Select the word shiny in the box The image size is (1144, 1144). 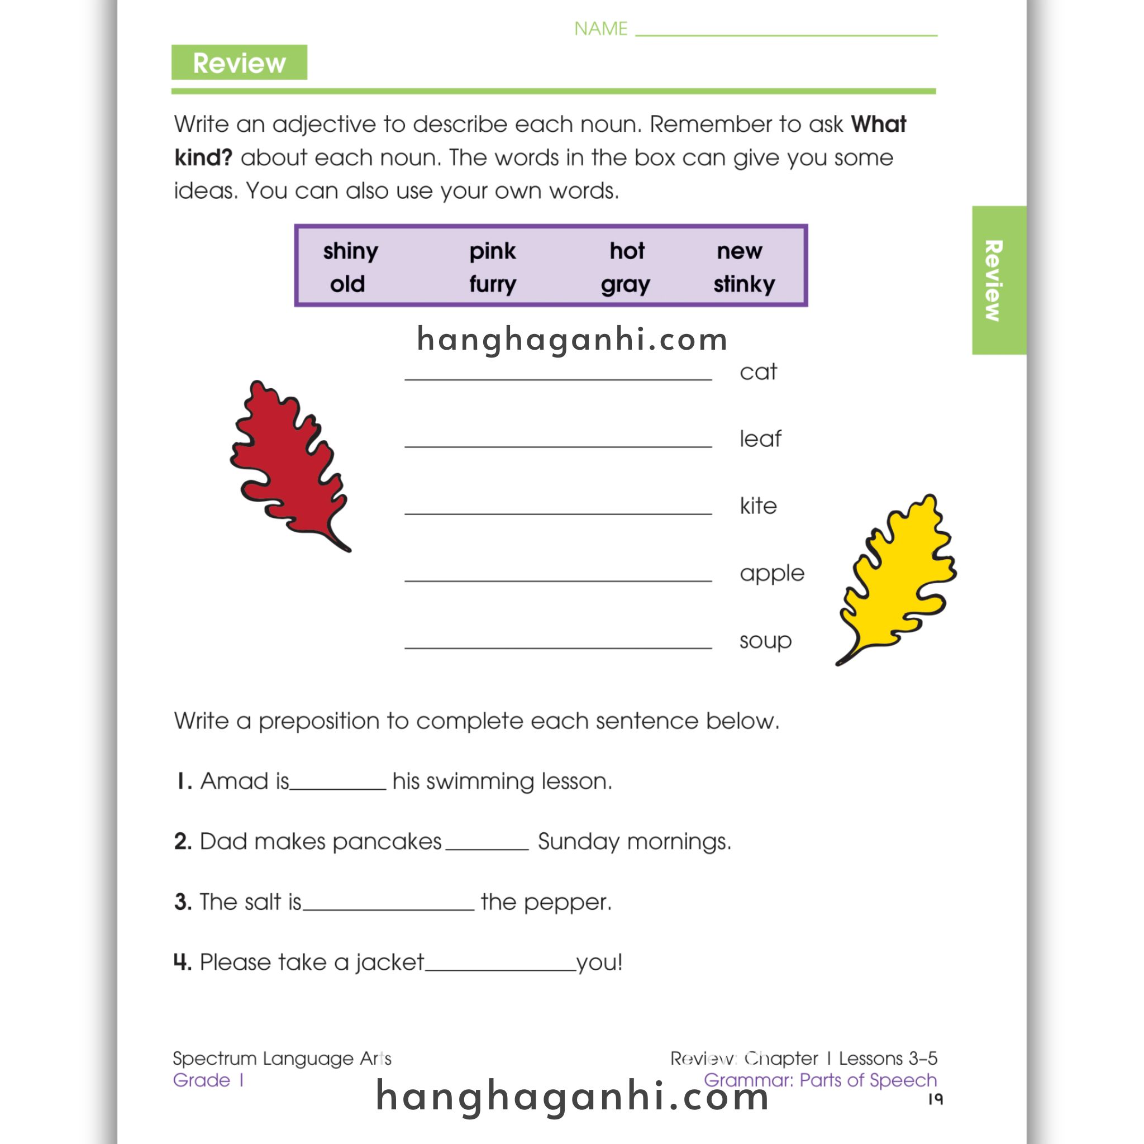point(351,251)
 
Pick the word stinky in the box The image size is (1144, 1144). point(743,284)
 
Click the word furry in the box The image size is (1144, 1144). point(493,284)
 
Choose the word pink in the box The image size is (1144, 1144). point(493,251)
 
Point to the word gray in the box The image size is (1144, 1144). point(625,285)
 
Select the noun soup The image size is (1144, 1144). point(765,641)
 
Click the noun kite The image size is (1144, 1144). point(758,506)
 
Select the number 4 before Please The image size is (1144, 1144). point(182,962)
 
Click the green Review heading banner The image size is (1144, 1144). point(239,63)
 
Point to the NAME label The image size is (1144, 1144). point(600,28)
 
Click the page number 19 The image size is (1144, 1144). point(935,1099)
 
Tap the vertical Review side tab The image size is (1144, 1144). point(998,280)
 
